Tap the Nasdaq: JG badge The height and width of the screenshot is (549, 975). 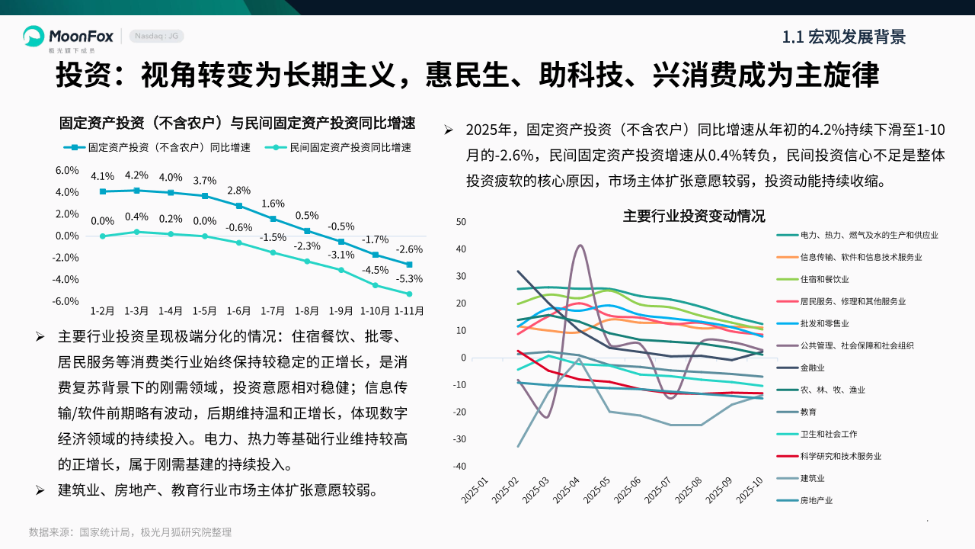(157, 37)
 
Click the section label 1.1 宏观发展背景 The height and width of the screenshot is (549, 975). (844, 37)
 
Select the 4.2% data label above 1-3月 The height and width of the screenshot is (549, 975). (136, 175)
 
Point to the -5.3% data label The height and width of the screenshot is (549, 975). (408, 279)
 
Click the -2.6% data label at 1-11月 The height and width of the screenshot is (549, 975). (408, 249)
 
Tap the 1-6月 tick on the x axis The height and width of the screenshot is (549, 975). (238, 311)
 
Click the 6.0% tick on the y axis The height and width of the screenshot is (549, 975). (67, 171)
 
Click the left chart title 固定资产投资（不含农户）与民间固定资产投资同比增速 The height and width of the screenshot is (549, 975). (237, 123)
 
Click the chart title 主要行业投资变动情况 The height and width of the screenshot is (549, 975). (694, 216)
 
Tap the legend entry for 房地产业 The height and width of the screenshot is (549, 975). (817, 500)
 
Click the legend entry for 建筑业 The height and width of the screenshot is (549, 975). (813, 478)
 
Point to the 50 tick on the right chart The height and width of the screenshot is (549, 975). (461, 222)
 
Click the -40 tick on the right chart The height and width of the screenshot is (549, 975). (459, 467)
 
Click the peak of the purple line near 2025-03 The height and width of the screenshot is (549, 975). (580, 246)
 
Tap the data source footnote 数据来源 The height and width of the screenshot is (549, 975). (130, 532)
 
